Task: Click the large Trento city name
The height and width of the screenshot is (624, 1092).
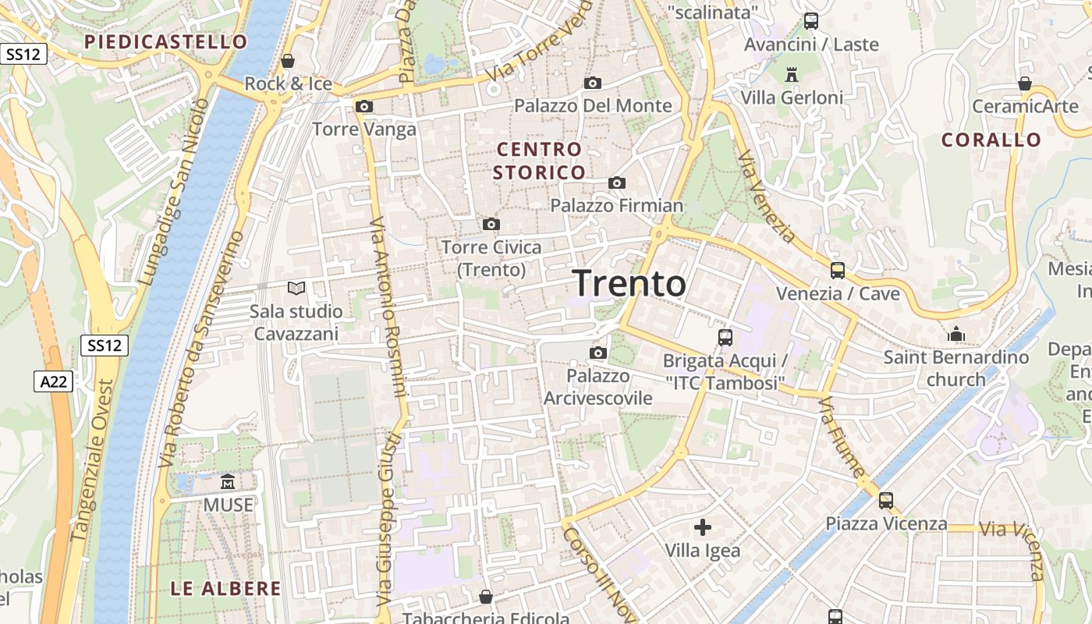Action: pos(629,284)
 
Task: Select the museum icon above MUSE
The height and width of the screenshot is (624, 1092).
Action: pos(228,481)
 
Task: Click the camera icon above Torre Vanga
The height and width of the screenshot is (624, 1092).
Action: pos(363,106)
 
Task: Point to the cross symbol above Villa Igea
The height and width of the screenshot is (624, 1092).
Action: pos(702,527)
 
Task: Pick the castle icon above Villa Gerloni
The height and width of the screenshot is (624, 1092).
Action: pos(792,74)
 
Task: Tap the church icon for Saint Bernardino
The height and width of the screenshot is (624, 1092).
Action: pos(956,335)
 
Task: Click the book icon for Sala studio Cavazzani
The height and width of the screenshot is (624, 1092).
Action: pos(296,289)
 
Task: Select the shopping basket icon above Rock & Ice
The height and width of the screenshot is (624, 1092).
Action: pos(288,61)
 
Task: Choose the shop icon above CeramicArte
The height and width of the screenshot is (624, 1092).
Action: pos(1025,83)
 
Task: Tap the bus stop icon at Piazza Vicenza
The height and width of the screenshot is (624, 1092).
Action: pos(885,500)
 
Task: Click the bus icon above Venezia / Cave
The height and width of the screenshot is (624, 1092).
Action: pos(837,271)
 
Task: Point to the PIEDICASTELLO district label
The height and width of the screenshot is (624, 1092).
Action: pos(165,41)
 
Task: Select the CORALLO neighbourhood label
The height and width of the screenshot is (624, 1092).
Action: pos(991,140)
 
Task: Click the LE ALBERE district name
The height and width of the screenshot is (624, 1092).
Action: pos(225,588)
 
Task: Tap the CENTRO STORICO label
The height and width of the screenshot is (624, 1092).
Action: pos(539,161)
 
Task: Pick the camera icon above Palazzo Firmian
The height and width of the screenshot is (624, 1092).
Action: pos(617,183)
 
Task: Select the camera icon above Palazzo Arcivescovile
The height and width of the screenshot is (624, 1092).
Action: pos(598,353)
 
